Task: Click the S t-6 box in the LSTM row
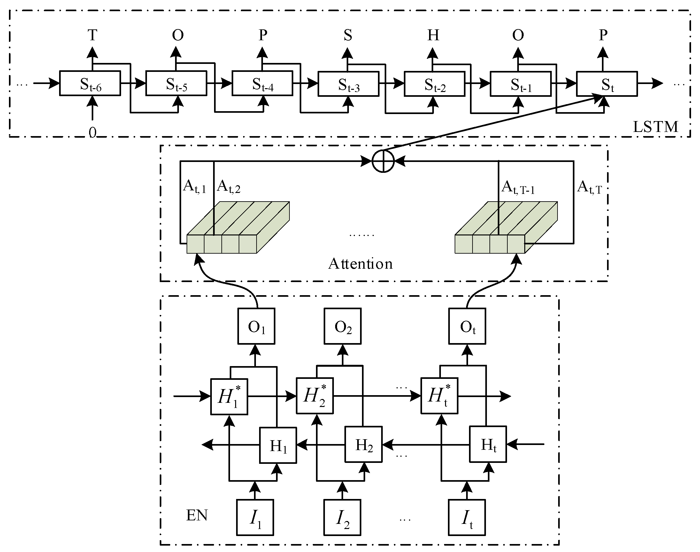[x=90, y=83]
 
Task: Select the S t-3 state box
[x=348, y=84]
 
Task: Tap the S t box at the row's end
[x=607, y=84]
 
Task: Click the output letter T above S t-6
[x=92, y=35]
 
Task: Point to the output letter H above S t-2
[x=433, y=35]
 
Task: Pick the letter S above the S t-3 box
[x=348, y=35]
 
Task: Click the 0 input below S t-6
[x=92, y=133]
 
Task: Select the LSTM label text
[x=655, y=127]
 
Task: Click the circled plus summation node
[x=383, y=161]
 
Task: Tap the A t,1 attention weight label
[x=194, y=187]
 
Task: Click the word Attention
[x=360, y=264]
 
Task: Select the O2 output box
[x=342, y=326]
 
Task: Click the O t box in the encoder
[x=467, y=326]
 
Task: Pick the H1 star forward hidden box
[x=229, y=396]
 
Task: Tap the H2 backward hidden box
[x=364, y=445]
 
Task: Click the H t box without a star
[x=488, y=445]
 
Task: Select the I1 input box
[x=255, y=517]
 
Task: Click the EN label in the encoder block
[x=197, y=515]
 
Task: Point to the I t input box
[x=467, y=517]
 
